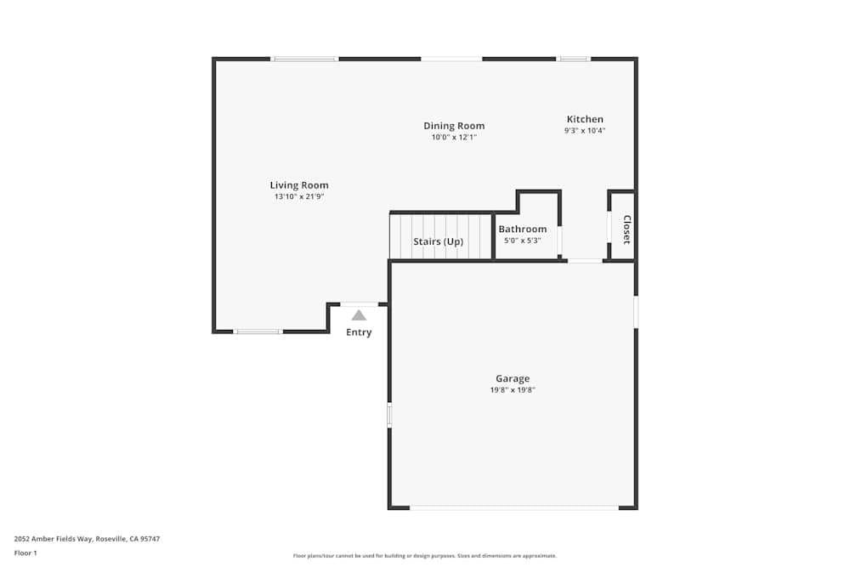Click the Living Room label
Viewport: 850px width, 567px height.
coord(299,185)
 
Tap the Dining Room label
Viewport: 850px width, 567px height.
coord(454,126)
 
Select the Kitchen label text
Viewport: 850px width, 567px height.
coord(585,119)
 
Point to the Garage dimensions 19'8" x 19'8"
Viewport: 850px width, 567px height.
coord(513,390)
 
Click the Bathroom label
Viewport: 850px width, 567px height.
coord(523,229)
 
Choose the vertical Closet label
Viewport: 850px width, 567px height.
coord(626,230)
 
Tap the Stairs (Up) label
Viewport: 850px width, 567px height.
coord(439,241)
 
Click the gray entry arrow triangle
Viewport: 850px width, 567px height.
coord(359,315)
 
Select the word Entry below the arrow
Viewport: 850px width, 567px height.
coord(359,332)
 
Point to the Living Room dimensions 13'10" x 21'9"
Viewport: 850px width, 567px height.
coord(299,196)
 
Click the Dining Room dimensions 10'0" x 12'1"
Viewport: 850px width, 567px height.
coord(454,137)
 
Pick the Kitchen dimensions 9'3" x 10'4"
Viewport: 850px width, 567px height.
coord(585,131)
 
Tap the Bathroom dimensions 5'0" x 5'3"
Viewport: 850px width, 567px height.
coord(523,240)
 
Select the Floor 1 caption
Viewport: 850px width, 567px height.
coord(25,553)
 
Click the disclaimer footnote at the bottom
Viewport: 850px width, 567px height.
coord(425,556)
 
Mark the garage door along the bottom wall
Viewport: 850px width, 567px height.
coord(513,507)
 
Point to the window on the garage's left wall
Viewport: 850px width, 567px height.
coord(389,415)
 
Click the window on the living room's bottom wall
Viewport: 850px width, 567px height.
coord(258,331)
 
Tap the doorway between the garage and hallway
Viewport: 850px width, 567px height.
coord(585,261)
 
